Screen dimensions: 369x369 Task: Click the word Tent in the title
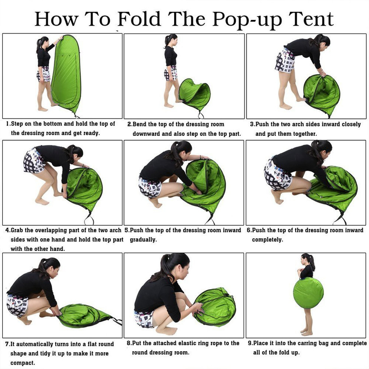[311, 19]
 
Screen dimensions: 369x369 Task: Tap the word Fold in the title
[139, 19]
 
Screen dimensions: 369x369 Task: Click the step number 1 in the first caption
[8, 124]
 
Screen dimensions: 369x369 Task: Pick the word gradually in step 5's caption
[143, 240]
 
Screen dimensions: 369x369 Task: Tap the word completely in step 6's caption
[267, 240]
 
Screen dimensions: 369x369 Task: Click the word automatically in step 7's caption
[34, 344]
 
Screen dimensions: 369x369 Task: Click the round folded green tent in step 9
[308, 293]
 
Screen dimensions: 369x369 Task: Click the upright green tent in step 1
[66, 73]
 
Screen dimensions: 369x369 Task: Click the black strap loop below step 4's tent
[89, 218]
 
